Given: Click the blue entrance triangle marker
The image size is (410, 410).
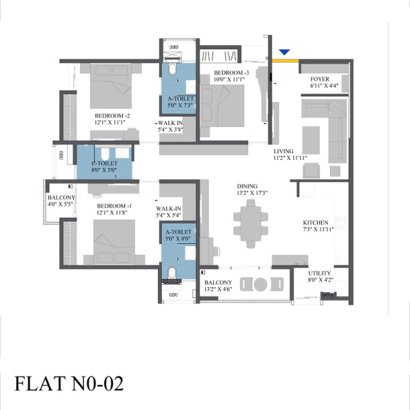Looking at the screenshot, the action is pyautogui.click(x=284, y=52).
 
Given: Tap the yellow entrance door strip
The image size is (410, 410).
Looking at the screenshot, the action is pyautogui.click(x=285, y=61).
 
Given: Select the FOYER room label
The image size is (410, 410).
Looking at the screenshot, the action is pyautogui.click(x=320, y=79).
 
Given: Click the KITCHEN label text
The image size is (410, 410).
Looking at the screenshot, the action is pyautogui.click(x=315, y=223).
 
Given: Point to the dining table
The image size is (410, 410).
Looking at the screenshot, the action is pyautogui.click(x=251, y=224).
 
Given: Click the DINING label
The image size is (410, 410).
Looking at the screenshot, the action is pyautogui.click(x=247, y=186).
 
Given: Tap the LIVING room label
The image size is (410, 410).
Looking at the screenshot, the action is pyautogui.click(x=284, y=151).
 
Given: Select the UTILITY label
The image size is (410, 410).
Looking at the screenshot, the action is pyautogui.click(x=319, y=273).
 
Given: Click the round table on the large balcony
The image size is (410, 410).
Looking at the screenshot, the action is pyautogui.click(x=260, y=284).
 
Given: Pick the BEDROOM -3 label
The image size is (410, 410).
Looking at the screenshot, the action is pyautogui.click(x=232, y=72).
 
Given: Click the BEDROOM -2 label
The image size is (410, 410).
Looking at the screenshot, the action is pyautogui.click(x=112, y=115).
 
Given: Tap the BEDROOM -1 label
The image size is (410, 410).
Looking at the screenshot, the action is pyautogui.click(x=114, y=206).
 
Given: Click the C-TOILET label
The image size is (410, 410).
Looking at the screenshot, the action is pyautogui.click(x=105, y=163).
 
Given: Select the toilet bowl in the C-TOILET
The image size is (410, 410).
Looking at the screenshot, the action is pyautogui.click(x=105, y=154).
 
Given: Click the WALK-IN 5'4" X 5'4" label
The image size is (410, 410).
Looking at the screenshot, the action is pyautogui.click(x=169, y=212).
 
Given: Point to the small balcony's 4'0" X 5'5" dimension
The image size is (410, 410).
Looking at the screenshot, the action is pyautogui.click(x=60, y=204).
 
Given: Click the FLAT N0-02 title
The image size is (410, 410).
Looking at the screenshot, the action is pyautogui.click(x=69, y=383).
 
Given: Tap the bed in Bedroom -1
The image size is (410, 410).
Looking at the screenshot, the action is pyautogui.click(x=114, y=242).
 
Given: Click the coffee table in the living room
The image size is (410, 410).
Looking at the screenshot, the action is pyautogui.click(x=311, y=140).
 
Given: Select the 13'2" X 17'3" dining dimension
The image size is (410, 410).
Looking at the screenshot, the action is pyautogui.click(x=252, y=193).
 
